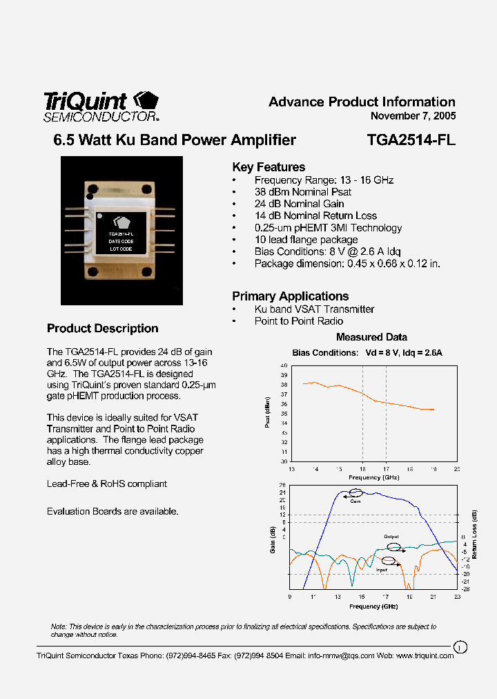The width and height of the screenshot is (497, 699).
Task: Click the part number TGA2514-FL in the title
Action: coord(411,140)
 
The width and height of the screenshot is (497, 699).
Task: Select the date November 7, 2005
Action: coord(413,116)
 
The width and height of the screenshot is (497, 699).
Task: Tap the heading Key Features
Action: coord(269,167)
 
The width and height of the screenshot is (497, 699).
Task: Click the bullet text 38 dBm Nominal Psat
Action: coord(302,192)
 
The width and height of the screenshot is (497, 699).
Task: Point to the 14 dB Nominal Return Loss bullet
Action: coord(315,216)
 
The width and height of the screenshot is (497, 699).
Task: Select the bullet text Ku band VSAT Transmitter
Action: coord(314,309)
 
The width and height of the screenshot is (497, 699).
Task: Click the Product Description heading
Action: coord(103,329)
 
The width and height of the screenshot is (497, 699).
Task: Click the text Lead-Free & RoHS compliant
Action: coord(107,484)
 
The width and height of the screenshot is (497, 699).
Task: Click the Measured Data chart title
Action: coord(371,337)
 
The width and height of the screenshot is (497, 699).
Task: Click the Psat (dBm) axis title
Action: coord(268,412)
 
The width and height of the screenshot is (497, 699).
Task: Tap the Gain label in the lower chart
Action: coord(355,501)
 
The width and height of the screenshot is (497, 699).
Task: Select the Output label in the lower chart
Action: coord(391,537)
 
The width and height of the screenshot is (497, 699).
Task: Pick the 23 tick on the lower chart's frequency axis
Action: coord(456,596)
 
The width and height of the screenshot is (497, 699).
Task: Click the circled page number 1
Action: coord(460,647)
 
